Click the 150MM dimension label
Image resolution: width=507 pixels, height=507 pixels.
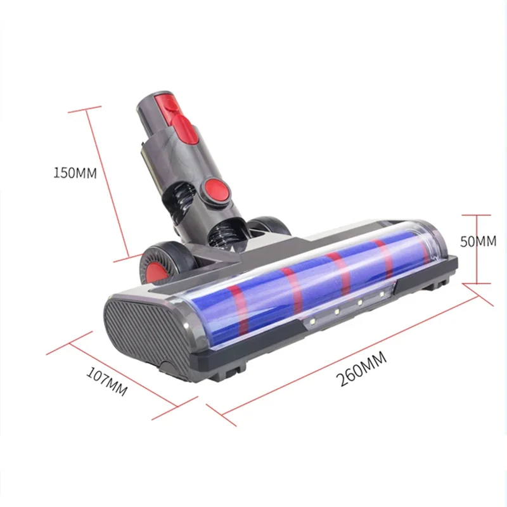[x=75, y=173]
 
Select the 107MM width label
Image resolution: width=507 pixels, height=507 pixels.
[x=106, y=385]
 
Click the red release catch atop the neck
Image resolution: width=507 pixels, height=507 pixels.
[x=183, y=114]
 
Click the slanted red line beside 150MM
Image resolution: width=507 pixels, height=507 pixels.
[x=111, y=184]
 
